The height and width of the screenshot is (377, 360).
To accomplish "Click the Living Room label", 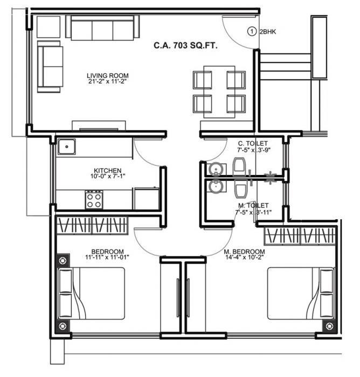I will pyautogui.click(x=108, y=75).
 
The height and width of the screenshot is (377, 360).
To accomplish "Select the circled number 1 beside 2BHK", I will pyautogui.click(x=252, y=31).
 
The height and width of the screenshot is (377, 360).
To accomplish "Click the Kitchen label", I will pyautogui.click(x=107, y=170).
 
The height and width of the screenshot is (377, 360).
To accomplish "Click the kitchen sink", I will pyautogui.click(x=67, y=146).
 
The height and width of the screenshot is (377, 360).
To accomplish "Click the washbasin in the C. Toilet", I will pyautogui.click(x=215, y=169).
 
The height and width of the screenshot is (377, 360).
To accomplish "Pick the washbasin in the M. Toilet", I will pyautogui.click(x=215, y=186).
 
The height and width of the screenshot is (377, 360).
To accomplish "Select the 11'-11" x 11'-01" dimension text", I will pyautogui.click(x=107, y=258).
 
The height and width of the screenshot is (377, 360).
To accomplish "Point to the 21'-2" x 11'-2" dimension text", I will pyautogui.click(x=108, y=82).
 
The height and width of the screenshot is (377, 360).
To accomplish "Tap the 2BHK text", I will pyautogui.click(x=268, y=32).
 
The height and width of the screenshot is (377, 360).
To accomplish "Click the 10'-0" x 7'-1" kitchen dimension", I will pyautogui.click(x=107, y=176).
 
